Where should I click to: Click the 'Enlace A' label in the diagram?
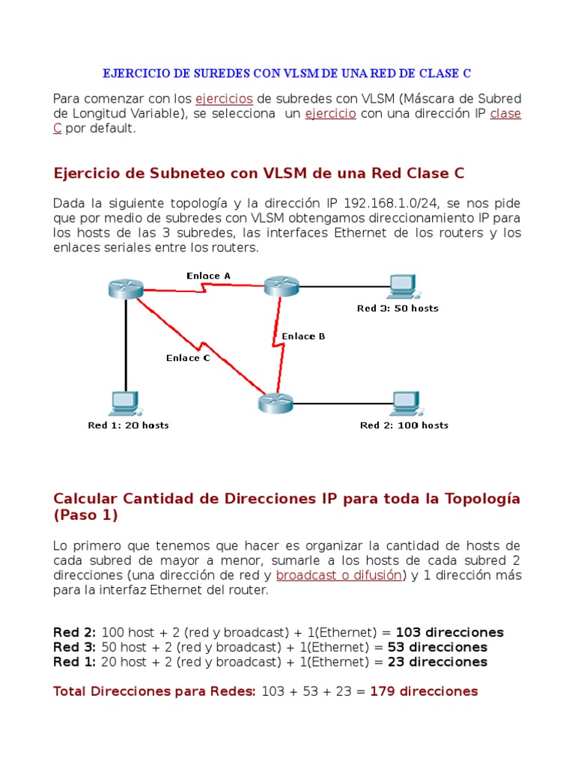point(208,276)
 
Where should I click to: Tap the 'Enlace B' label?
point(303,336)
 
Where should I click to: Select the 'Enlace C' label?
point(188,358)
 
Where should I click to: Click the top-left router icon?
point(124,288)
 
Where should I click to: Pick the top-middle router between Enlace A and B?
point(281,285)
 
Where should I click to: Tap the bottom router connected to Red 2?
point(275,403)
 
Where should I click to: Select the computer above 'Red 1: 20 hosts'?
point(123,403)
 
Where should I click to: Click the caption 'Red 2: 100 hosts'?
point(404,425)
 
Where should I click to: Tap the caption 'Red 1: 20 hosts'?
point(128,425)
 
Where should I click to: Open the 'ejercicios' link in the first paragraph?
point(224,99)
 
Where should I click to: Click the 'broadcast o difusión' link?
point(338,575)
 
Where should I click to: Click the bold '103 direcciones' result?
point(449,632)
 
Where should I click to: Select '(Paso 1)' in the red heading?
point(85,516)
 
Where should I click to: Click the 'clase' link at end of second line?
point(505,114)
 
